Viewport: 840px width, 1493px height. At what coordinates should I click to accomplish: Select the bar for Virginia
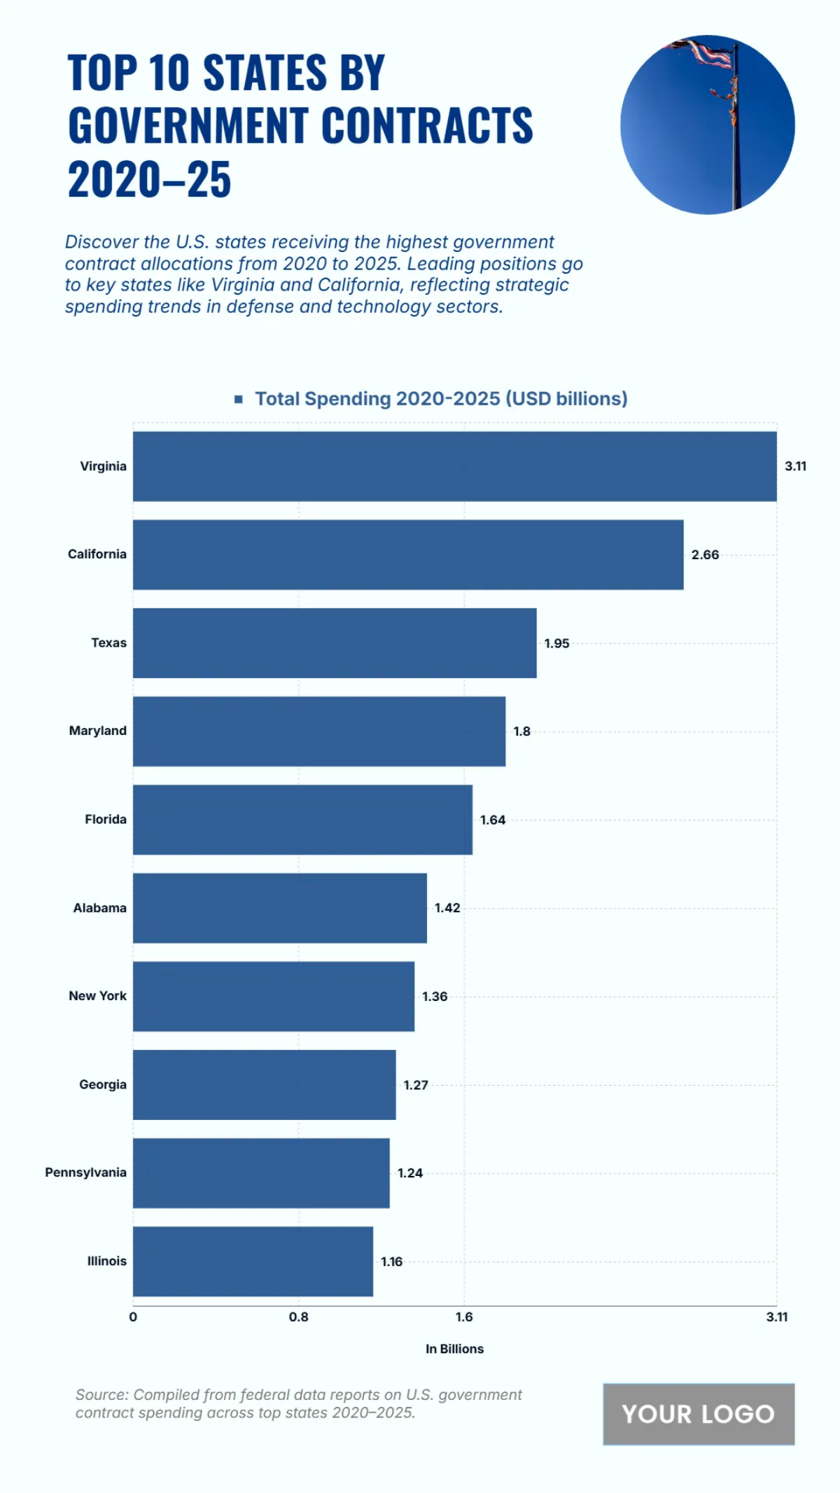(454, 466)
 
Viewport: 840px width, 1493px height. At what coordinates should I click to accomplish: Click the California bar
(408, 554)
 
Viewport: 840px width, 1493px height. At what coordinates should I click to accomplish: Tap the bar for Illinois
(253, 1261)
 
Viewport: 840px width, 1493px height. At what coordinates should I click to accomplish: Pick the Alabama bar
(280, 908)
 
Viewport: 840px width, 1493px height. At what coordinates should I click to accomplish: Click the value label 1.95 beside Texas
(556, 643)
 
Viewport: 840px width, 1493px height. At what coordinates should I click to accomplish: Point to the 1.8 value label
(521, 731)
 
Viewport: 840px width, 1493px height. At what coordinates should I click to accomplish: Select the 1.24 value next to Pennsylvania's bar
(410, 1173)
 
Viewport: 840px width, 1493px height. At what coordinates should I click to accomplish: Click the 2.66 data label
(705, 555)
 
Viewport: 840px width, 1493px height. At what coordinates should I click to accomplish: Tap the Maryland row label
(97, 731)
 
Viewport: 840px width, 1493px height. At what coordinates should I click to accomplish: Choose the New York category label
(97, 996)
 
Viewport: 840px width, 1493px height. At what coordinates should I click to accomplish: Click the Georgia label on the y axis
(102, 1084)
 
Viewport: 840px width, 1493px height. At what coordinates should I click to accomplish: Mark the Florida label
(105, 819)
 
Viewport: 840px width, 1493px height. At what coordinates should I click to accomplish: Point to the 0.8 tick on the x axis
(298, 1317)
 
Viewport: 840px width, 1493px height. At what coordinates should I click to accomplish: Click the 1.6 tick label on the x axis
(464, 1317)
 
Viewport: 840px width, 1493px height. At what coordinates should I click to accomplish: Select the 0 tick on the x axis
(133, 1317)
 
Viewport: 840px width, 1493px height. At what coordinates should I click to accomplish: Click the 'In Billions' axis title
(454, 1349)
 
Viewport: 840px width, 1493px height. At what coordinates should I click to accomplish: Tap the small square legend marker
(239, 399)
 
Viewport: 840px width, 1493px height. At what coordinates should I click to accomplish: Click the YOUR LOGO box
(699, 1414)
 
